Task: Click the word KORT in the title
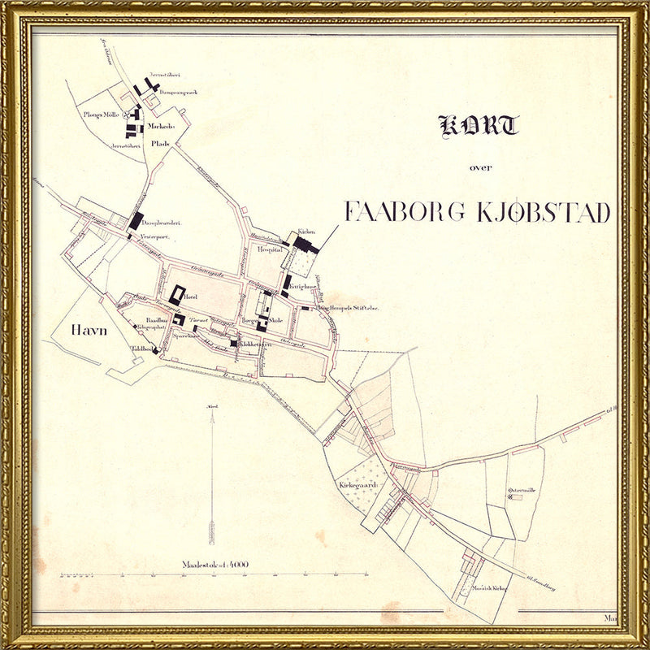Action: (479, 126)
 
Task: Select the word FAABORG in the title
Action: (404, 212)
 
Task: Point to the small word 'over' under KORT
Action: (480, 168)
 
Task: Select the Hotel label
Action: (192, 298)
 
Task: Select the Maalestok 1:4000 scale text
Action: (215, 564)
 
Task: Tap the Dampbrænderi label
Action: (161, 223)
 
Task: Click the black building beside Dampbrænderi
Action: (135, 221)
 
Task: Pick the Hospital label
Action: (269, 251)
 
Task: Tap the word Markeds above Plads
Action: (162, 127)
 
